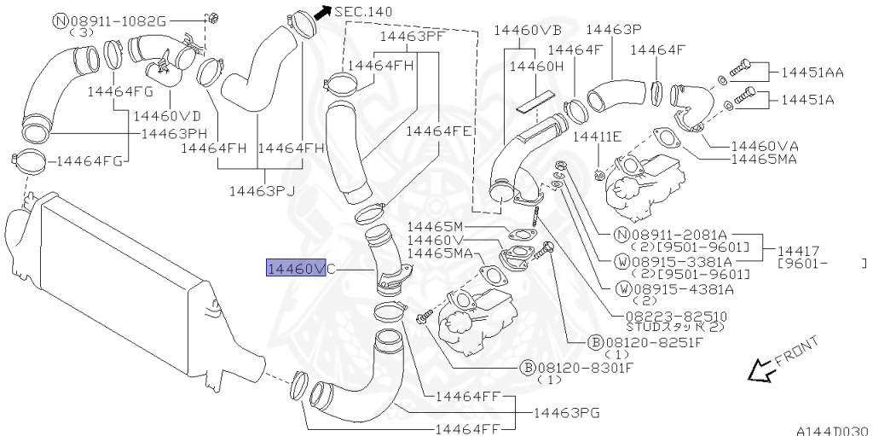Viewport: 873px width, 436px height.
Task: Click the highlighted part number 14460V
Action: coord(296,269)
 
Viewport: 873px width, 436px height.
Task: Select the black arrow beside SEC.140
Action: coord(322,13)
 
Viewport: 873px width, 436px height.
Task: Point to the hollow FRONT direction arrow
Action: coord(760,370)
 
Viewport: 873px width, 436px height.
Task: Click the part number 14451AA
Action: coord(812,72)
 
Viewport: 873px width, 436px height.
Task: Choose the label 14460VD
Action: coord(167,116)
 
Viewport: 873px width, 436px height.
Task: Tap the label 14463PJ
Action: coord(262,191)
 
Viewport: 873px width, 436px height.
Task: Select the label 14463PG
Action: coord(566,413)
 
